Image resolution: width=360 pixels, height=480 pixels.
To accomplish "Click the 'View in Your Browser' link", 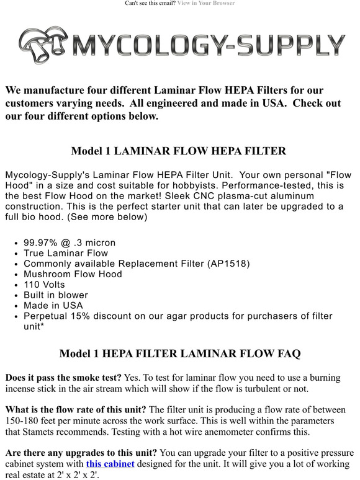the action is tap(205, 3).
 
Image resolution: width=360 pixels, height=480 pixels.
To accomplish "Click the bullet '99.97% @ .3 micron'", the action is tap(70, 242).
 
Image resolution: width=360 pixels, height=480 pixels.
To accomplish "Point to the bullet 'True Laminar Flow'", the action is tap(66, 253).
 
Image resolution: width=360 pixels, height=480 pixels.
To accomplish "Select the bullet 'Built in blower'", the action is tap(56, 295).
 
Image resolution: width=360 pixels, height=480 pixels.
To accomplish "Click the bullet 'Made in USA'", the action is tap(53, 306).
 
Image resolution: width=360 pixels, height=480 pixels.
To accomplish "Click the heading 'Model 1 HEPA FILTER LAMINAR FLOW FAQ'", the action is tap(179, 354).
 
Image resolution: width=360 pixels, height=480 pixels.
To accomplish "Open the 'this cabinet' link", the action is tap(110, 464).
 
